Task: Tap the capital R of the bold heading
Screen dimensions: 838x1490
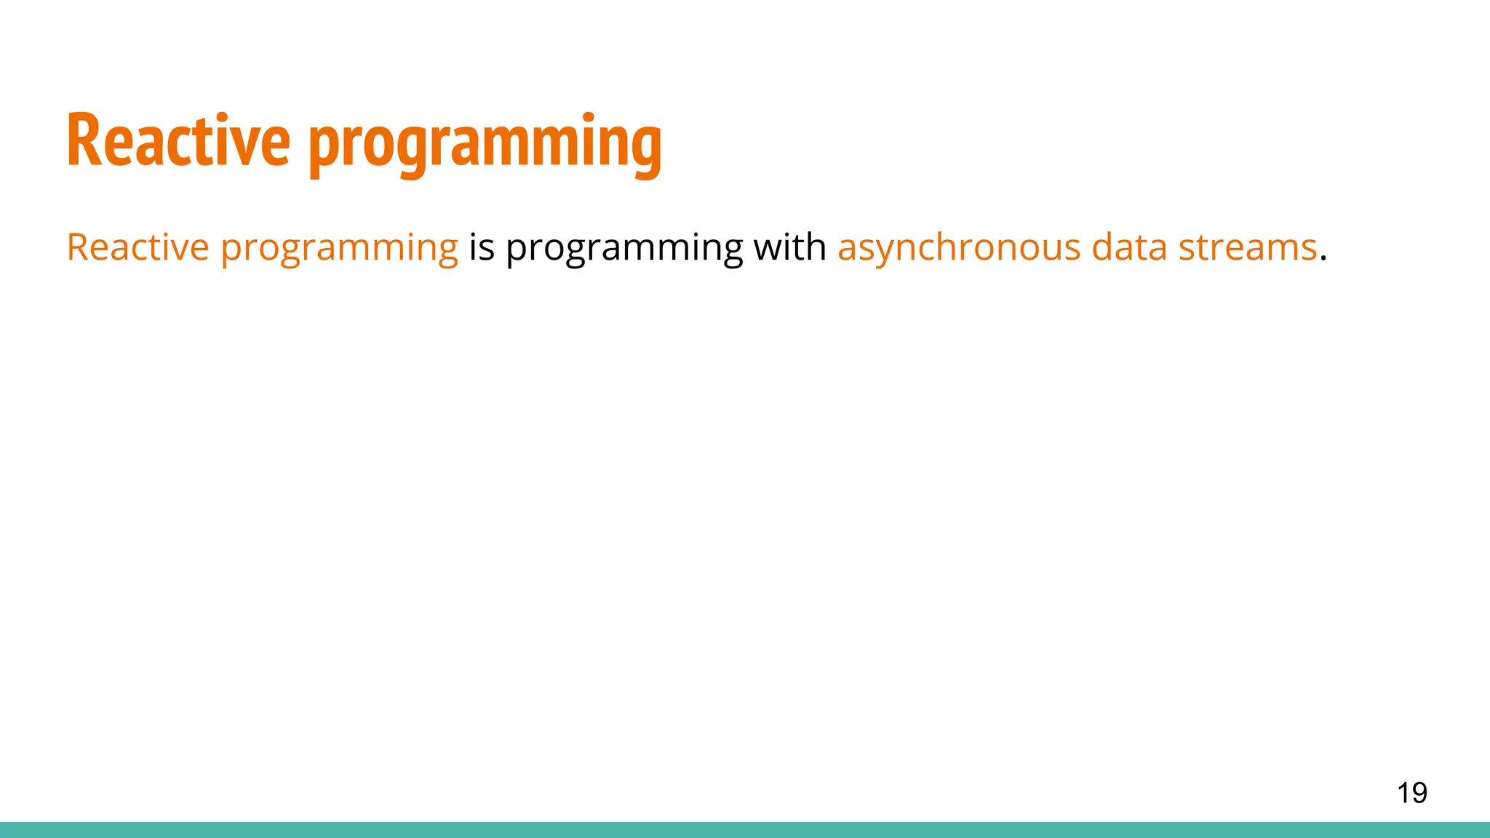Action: click(x=83, y=140)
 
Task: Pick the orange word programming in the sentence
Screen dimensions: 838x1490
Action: click(x=339, y=250)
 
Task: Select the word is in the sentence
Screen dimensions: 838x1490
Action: click(x=482, y=247)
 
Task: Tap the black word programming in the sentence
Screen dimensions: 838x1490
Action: click(x=624, y=250)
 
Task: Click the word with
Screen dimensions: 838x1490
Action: click(x=790, y=247)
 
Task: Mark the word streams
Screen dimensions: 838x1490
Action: click(x=1248, y=248)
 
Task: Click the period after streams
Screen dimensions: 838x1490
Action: click(x=1323, y=259)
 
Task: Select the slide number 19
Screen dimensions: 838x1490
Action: click(x=1411, y=793)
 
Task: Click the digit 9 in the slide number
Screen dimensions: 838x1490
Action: click(x=1419, y=793)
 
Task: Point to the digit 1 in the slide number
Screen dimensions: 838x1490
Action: click(x=1403, y=793)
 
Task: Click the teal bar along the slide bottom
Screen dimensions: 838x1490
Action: click(x=745, y=830)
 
